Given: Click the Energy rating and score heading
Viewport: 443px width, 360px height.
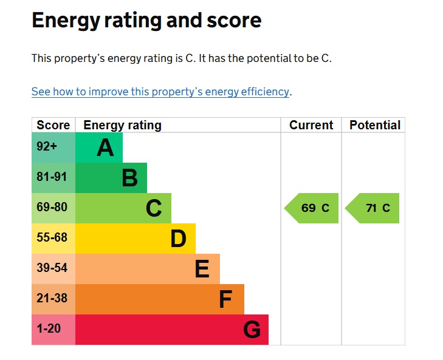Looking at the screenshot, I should (146, 21).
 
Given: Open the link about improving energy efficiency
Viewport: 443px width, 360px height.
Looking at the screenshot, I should (160, 92).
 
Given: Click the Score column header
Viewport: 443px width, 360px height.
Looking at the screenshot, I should (53, 125).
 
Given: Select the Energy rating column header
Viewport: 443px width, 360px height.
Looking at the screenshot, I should (122, 125).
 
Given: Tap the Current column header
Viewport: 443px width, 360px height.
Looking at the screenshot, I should (311, 125).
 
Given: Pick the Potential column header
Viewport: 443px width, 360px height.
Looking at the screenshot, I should (374, 125).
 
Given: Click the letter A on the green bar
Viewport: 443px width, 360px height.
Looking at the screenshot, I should (105, 148).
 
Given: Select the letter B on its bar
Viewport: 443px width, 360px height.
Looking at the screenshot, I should (129, 178).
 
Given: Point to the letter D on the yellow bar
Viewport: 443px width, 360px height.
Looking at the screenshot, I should (178, 239).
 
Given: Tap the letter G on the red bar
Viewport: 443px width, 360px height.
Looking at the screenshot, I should (252, 330).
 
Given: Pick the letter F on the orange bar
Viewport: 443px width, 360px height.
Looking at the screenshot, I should (225, 299).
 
